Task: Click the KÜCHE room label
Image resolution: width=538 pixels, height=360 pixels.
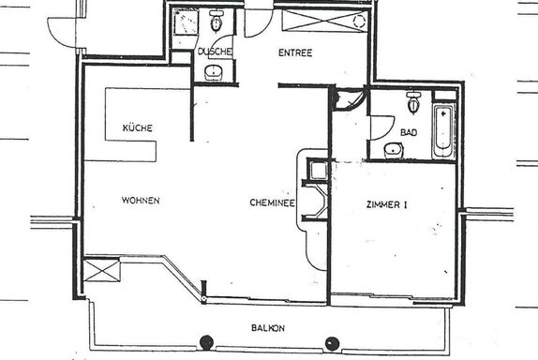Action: tap(137, 128)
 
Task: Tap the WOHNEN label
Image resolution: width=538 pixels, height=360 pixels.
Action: tap(141, 201)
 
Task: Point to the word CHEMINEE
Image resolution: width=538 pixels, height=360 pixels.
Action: tap(272, 202)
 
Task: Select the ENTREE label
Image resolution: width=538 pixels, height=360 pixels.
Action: tap(295, 52)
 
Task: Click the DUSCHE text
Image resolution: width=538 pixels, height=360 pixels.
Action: tap(215, 52)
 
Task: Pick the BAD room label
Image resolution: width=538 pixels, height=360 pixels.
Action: tap(409, 132)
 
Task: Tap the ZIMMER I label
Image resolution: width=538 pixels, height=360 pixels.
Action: tap(387, 205)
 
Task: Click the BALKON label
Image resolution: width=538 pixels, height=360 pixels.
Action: tap(268, 328)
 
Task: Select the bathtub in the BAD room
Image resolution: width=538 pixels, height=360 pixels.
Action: tap(443, 131)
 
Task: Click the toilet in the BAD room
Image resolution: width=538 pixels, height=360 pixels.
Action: tap(413, 102)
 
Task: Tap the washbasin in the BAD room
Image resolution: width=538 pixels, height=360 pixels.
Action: tap(394, 150)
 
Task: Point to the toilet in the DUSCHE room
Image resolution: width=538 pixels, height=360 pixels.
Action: tap(217, 21)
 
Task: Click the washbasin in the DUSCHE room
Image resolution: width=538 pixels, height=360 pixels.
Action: tap(214, 72)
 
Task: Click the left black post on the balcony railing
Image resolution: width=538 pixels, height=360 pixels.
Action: tap(206, 342)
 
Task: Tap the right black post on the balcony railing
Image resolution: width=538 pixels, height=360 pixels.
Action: tap(332, 343)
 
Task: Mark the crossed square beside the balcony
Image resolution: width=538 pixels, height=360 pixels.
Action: tap(102, 271)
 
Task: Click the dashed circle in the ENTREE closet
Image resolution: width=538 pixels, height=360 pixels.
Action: tap(359, 22)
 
